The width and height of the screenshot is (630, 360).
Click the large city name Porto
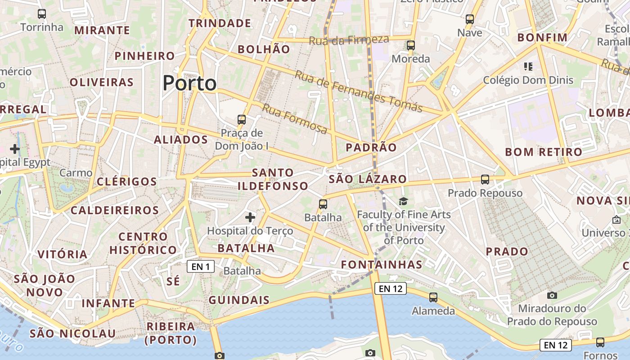click(189, 83)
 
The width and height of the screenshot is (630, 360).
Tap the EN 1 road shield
click(201, 267)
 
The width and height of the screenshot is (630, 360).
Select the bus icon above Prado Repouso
click(485, 180)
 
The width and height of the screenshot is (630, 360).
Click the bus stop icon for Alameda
click(433, 297)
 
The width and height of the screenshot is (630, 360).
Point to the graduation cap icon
click(403, 202)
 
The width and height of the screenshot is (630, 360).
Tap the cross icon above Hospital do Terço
click(250, 218)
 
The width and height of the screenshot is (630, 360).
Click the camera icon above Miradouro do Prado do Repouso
click(552, 296)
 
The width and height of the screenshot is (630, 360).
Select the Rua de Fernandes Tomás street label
click(358, 91)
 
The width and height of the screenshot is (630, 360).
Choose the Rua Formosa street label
click(295, 119)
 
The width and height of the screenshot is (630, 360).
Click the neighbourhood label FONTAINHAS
click(382, 265)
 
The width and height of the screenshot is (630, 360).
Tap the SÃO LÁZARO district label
click(368, 179)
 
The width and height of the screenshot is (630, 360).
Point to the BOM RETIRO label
click(544, 152)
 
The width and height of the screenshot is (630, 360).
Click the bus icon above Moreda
click(410, 45)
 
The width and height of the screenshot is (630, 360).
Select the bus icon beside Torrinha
click(42, 14)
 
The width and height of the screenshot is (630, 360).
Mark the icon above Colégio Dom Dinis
click(528, 67)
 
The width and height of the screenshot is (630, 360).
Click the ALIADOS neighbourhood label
click(181, 140)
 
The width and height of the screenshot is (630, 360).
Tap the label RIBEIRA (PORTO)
click(171, 333)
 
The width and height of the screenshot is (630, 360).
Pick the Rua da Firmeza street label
click(349, 40)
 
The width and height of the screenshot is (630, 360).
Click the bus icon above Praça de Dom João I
click(242, 120)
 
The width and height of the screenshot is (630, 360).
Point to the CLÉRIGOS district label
click(127, 182)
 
